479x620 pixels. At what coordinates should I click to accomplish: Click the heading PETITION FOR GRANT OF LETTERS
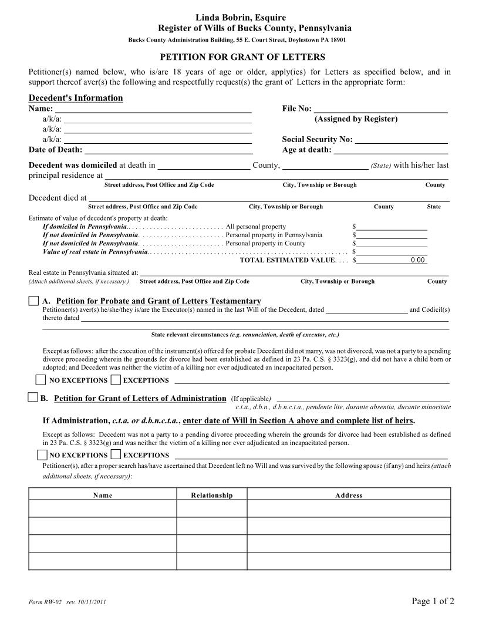[x=242, y=57]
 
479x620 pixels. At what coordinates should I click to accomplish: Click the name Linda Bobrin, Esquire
[x=241, y=18]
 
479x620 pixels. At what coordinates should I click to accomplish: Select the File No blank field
[x=381, y=108]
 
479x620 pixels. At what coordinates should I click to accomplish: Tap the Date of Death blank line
[x=168, y=150]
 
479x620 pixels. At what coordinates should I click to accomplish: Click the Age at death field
[x=391, y=150]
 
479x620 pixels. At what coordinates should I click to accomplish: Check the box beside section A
[x=34, y=301]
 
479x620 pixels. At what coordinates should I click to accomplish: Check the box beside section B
[x=33, y=398]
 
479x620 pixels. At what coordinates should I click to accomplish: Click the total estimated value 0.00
[x=417, y=260]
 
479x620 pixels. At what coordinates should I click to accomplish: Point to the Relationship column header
[x=212, y=496]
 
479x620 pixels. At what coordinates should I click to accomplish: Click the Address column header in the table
[x=349, y=496]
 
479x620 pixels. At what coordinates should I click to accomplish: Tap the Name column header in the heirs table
[x=103, y=496]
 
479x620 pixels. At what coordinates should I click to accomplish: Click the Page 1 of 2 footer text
[x=433, y=601]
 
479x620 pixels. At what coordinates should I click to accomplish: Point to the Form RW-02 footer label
[x=45, y=602]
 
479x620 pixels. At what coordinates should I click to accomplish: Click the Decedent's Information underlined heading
[x=76, y=98]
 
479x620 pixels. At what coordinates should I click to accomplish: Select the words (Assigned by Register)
[x=356, y=119]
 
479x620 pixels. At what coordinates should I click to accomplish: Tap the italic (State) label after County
[x=381, y=166]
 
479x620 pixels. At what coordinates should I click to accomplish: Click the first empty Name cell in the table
[x=103, y=508]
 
